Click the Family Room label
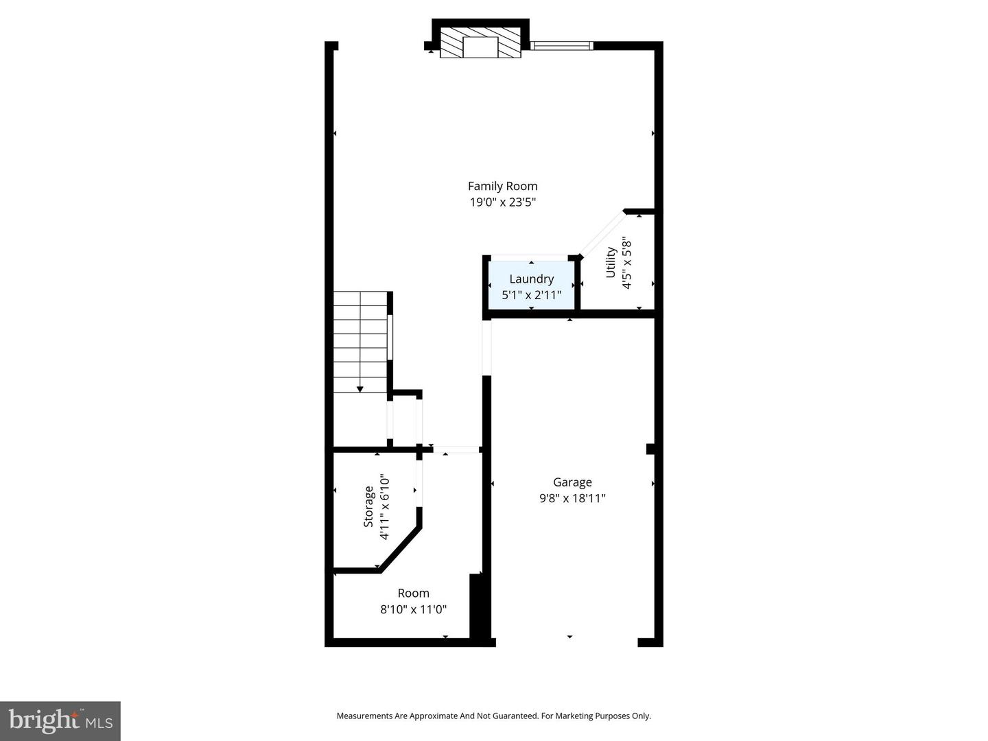[502, 186]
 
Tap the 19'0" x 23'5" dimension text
[502, 202]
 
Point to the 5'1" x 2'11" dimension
[531, 296]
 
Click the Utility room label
[610, 263]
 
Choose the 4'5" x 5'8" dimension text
[626, 263]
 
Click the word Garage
[572, 482]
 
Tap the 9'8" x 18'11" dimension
[572, 499]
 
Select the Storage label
[369, 507]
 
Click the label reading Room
[414, 593]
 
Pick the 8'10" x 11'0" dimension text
[414, 609]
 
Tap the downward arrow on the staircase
[360, 389]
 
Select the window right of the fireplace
[562, 46]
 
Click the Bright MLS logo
[60, 720]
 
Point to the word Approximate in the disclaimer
[433, 716]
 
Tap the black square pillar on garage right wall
[650, 449]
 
